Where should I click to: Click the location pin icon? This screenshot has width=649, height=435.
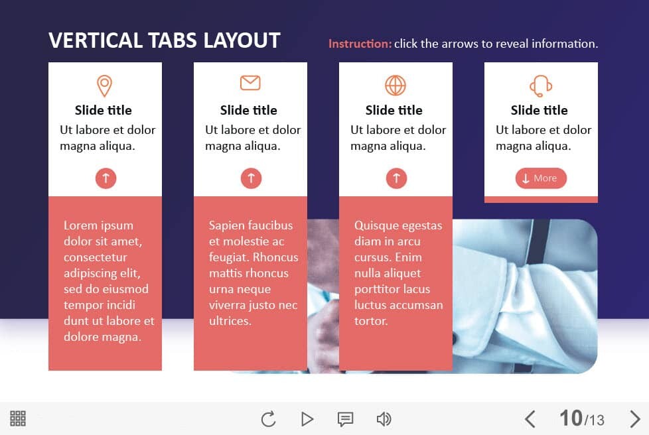point(104,86)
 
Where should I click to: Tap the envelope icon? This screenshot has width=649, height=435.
point(250,83)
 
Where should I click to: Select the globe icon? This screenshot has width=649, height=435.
point(396,86)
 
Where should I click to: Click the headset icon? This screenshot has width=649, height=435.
point(541,86)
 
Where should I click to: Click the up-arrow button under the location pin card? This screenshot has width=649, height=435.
point(106,178)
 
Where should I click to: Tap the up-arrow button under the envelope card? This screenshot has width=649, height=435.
point(252,178)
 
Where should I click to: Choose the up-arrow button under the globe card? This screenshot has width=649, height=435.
point(397,178)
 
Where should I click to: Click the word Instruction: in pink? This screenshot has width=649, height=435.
point(360,44)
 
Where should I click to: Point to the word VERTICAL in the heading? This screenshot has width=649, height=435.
point(96,40)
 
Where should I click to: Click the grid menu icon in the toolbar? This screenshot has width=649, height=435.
point(18,418)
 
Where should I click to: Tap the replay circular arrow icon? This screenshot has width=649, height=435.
point(269,419)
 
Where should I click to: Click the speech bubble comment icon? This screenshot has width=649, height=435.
point(345,419)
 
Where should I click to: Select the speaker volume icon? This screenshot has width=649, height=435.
point(384,419)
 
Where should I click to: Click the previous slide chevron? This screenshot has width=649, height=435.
point(530,419)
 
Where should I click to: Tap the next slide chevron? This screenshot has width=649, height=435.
point(634,419)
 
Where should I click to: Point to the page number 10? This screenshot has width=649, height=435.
point(571,418)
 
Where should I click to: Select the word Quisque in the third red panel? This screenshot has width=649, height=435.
point(377,225)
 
